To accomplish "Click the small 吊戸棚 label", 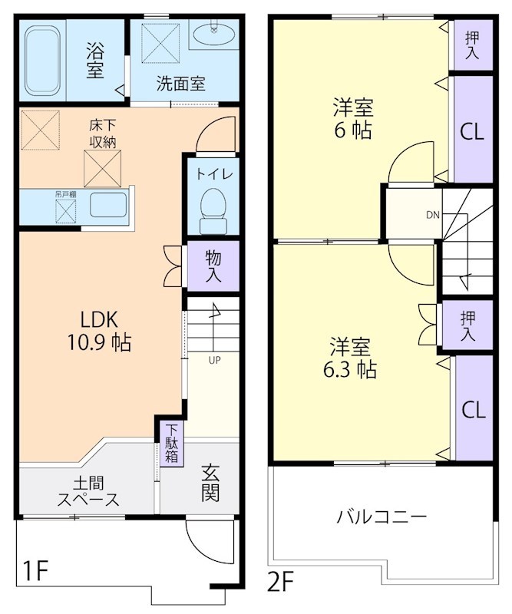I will click(x=64, y=195).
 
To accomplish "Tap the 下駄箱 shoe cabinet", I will click(x=171, y=444).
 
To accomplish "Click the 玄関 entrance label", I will click(x=210, y=482).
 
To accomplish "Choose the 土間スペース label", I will click(x=88, y=491).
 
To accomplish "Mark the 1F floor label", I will click(x=35, y=572).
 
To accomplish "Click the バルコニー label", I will click(x=381, y=516).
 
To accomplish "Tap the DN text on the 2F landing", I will click(x=433, y=215).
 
